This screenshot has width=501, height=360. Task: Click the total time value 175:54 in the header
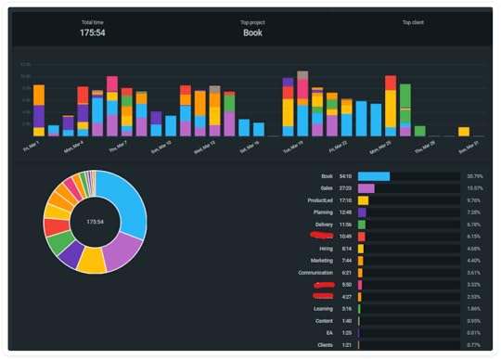92,32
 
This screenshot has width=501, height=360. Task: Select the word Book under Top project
252,32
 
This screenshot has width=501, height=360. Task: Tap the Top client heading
414,21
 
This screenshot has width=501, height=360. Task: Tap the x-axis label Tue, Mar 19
295,146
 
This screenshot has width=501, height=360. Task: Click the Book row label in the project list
327,175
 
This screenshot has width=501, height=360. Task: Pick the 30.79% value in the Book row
474,175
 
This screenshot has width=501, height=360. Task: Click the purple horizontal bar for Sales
366,187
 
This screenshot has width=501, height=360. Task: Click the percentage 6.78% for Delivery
474,224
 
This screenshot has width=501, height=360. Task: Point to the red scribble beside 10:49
322,236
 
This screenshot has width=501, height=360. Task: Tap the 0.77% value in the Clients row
474,344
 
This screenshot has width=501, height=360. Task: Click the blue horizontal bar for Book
373,175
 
